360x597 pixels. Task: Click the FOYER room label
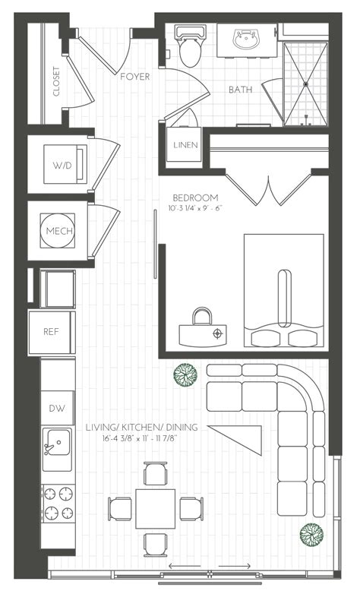tap(135, 77)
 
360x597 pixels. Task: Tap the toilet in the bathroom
tap(188, 47)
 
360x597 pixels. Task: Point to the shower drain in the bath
tap(306, 84)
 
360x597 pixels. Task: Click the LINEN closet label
tap(185, 145)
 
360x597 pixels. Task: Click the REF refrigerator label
tap(51, 332)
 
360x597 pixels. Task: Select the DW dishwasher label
tap(57, 408)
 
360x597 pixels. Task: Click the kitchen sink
tap(55, 442)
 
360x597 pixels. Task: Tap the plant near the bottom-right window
tap(308, 534)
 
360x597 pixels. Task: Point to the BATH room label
tap(241, 90)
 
